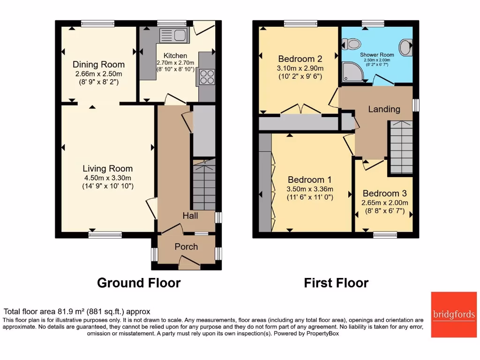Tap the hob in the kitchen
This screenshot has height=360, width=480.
[x=206, y=76]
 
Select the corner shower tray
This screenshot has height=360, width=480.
[x=351, y=73]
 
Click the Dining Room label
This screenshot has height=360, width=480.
[x=98, y=65]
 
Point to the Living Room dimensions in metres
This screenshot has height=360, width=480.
[x=107, y=178]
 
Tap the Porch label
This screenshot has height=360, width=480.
[x=186, y=247]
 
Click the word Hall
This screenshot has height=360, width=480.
[x=190, y=216]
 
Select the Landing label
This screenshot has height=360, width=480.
[x=384, y=109]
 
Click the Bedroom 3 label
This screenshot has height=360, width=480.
[x=384, y=194]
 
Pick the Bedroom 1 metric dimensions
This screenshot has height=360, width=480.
[x=309, y=189]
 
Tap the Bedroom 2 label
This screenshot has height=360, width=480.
[x=300, y=59]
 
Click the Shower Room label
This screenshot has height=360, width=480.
[x=377, y=55]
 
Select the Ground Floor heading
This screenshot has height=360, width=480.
[x=139, y=283]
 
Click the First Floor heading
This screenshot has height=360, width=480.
[x=336, y=283]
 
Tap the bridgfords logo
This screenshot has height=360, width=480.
[x=453, y=315]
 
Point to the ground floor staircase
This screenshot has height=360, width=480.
[x=204, y=185]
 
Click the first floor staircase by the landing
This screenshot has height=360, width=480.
[x=401, y=147]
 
